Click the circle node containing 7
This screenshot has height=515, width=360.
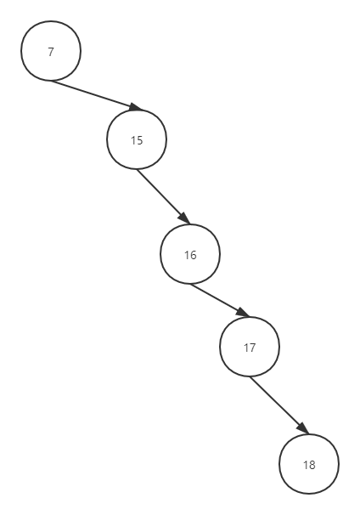(x=51, y=51)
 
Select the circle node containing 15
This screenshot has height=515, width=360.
(x=137, y=139)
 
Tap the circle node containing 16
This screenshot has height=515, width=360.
(x=190, y=254)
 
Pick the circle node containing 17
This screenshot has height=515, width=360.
(x=250, y=347)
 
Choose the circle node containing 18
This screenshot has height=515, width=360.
(x=309, y=464)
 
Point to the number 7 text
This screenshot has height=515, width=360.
(x=51, y=52)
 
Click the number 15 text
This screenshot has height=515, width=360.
(x=137, y=140)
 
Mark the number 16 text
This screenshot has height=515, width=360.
(x=190, y=255)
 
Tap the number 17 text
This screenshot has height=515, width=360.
(x=250, y=348)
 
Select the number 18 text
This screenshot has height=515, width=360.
(x=309, y=465)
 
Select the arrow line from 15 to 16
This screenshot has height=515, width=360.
(x=163, y=197)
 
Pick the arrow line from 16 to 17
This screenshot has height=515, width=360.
(x=220, y=300)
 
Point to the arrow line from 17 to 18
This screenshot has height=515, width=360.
(x=279, y=405)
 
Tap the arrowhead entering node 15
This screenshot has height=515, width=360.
(x=135, y=107)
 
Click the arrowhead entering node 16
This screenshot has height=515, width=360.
(x=184, y=218)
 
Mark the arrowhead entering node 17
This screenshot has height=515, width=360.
(x=243, y=313)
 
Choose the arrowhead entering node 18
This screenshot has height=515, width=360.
(x=303, y=428)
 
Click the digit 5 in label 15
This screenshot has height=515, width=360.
(x=140, y=140)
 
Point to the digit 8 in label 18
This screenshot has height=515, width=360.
(x=312, y=465)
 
